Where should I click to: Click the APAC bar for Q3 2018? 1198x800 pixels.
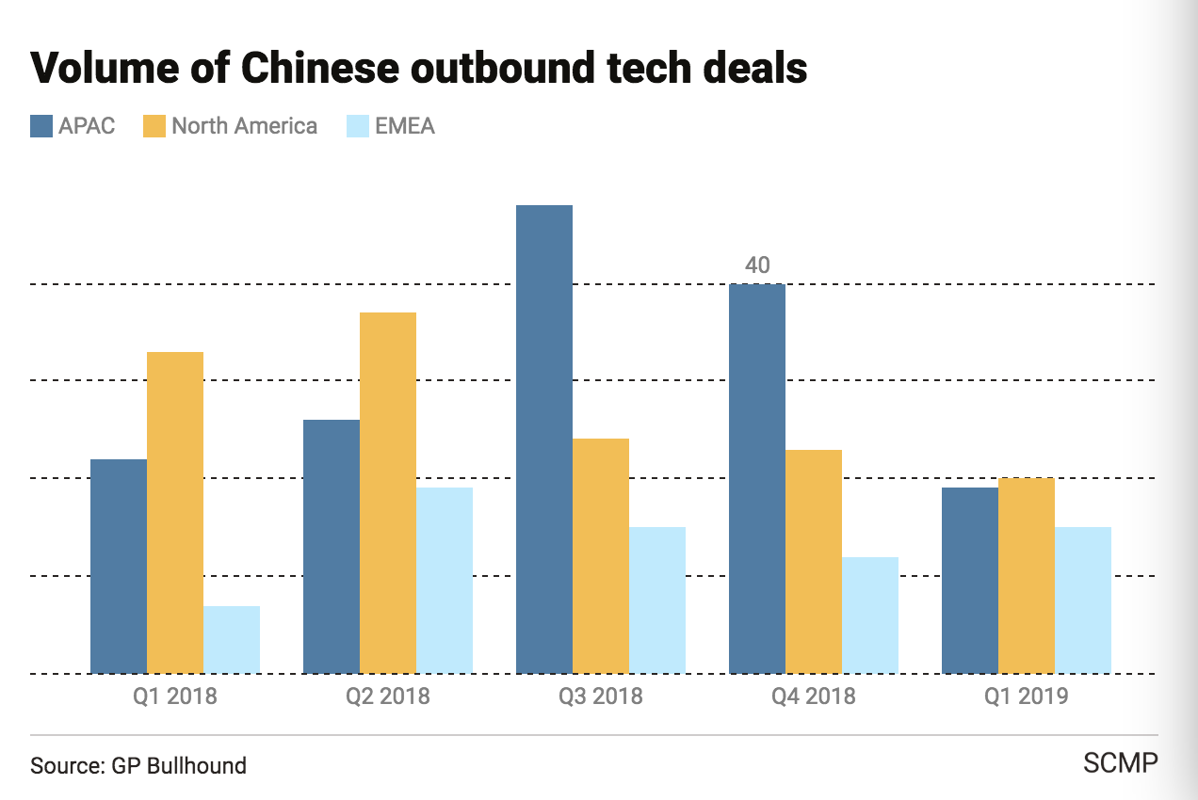point(544,439)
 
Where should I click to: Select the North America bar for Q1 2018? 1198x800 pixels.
point(175,512)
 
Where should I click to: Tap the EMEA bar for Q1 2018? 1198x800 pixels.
point(232,639)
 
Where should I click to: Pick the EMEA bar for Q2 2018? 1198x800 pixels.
point(445,580)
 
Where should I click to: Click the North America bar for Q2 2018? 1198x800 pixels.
point(388,492)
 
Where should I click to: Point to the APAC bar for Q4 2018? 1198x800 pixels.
point(757,478)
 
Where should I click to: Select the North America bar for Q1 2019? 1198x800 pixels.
point(1027,575)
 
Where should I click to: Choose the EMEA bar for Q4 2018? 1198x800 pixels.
point(870,615)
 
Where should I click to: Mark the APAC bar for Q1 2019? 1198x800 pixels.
point(970,580)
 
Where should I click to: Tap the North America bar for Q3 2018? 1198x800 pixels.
point(601,555)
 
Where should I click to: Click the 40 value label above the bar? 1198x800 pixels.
point(757,265)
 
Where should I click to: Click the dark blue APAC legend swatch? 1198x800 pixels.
point(41,126)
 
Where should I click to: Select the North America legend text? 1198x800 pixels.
point(244,126)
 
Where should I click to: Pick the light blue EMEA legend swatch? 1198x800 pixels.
point(358,126)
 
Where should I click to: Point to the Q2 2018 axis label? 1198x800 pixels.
point(388,696)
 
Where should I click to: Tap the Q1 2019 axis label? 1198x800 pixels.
point(1027,696)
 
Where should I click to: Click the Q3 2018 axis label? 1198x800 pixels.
point(601,696)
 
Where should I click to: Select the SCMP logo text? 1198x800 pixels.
point(1121,762)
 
